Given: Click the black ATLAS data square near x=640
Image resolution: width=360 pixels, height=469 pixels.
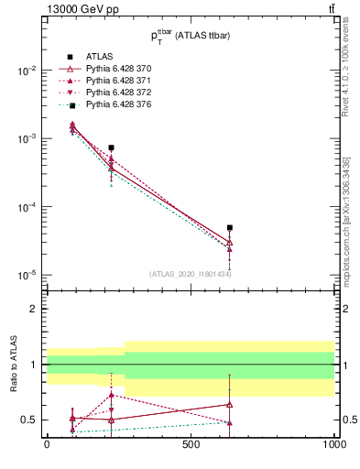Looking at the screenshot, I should (x=230, y=227).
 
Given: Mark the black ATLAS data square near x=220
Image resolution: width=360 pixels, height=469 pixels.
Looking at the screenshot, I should (x=111, y=147).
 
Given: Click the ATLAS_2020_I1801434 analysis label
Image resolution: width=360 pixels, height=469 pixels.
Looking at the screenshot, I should (x=191, y=274).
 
